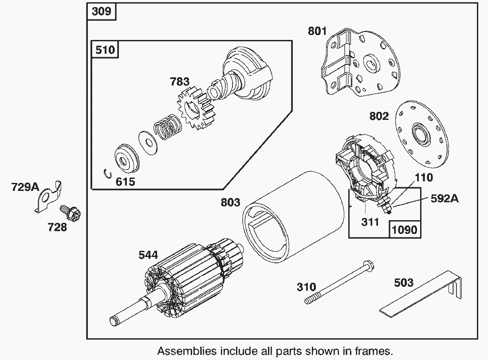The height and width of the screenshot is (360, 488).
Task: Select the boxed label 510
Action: (x=105, y=49)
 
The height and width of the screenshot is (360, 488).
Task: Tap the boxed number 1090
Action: (x=405, y=229)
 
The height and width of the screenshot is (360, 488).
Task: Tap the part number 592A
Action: (x=445, y=198)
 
